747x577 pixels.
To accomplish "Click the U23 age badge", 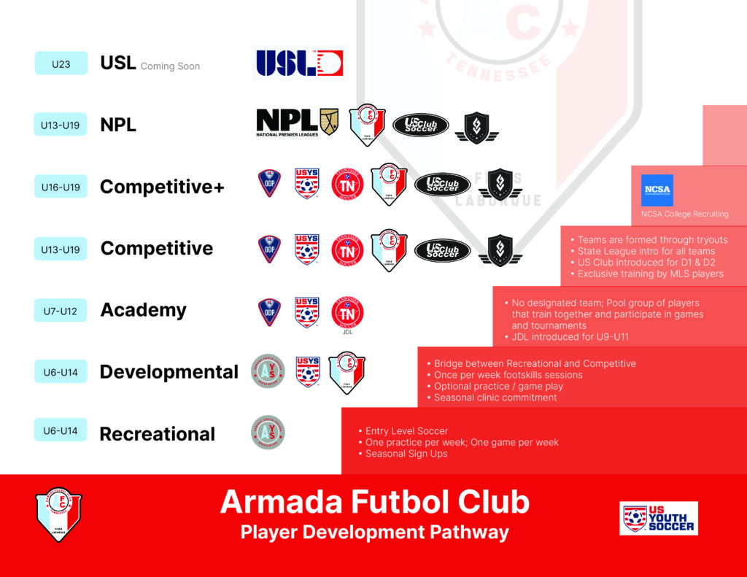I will coord(61,63).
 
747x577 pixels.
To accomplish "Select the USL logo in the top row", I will coord(299,63).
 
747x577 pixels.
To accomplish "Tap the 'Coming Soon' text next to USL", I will coord(170,66).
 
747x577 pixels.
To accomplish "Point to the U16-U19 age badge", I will coord(61,187).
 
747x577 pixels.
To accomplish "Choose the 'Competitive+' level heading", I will coord(162,187).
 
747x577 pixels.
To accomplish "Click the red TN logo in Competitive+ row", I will coord(347,184).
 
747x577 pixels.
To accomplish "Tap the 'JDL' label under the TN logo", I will coord(347,331).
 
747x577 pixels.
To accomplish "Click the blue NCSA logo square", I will coord(657,190).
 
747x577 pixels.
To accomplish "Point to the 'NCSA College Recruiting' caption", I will coord(684,214).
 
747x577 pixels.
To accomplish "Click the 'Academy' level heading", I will coord(143,310).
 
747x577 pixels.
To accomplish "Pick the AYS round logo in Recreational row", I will coord(268,432).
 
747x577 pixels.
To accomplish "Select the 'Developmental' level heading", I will coord(169,372).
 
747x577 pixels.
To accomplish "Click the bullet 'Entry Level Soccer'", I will coord(406,431).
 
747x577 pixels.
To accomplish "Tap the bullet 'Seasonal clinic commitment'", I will coord(495,398).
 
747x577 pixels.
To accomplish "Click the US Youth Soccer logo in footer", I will coord(658,518).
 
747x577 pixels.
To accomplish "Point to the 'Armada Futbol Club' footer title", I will coord(374,502).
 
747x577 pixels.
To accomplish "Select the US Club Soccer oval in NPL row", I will coord(420,125).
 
